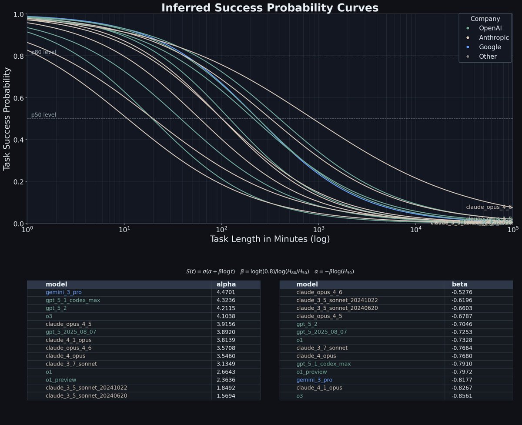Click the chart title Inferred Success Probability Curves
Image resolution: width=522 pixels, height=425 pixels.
tap(270, 8)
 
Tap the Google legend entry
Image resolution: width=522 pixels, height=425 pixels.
tap(490, 47)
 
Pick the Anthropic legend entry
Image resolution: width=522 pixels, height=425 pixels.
tap(494, 37)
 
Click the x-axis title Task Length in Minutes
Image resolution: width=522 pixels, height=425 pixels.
tap(270, 239)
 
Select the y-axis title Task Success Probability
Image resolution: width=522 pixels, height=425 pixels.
tap(7, 118)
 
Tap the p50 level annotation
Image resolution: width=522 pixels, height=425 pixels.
tap(43, 115)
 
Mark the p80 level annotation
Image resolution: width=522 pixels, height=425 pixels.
tap(43, 52)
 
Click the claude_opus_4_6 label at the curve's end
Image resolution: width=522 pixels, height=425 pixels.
tap(489, 207)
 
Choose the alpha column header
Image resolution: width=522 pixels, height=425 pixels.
tap(226, 284)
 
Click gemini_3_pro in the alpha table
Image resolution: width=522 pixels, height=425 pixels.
tap(64, 292)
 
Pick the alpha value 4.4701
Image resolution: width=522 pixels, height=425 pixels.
tap(226, 292)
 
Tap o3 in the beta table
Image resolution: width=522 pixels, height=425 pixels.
tap(299, 396)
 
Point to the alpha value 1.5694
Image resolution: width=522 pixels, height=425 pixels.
tap(226, 396)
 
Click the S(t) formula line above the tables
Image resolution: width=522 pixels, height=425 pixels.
tap(270, 271)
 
